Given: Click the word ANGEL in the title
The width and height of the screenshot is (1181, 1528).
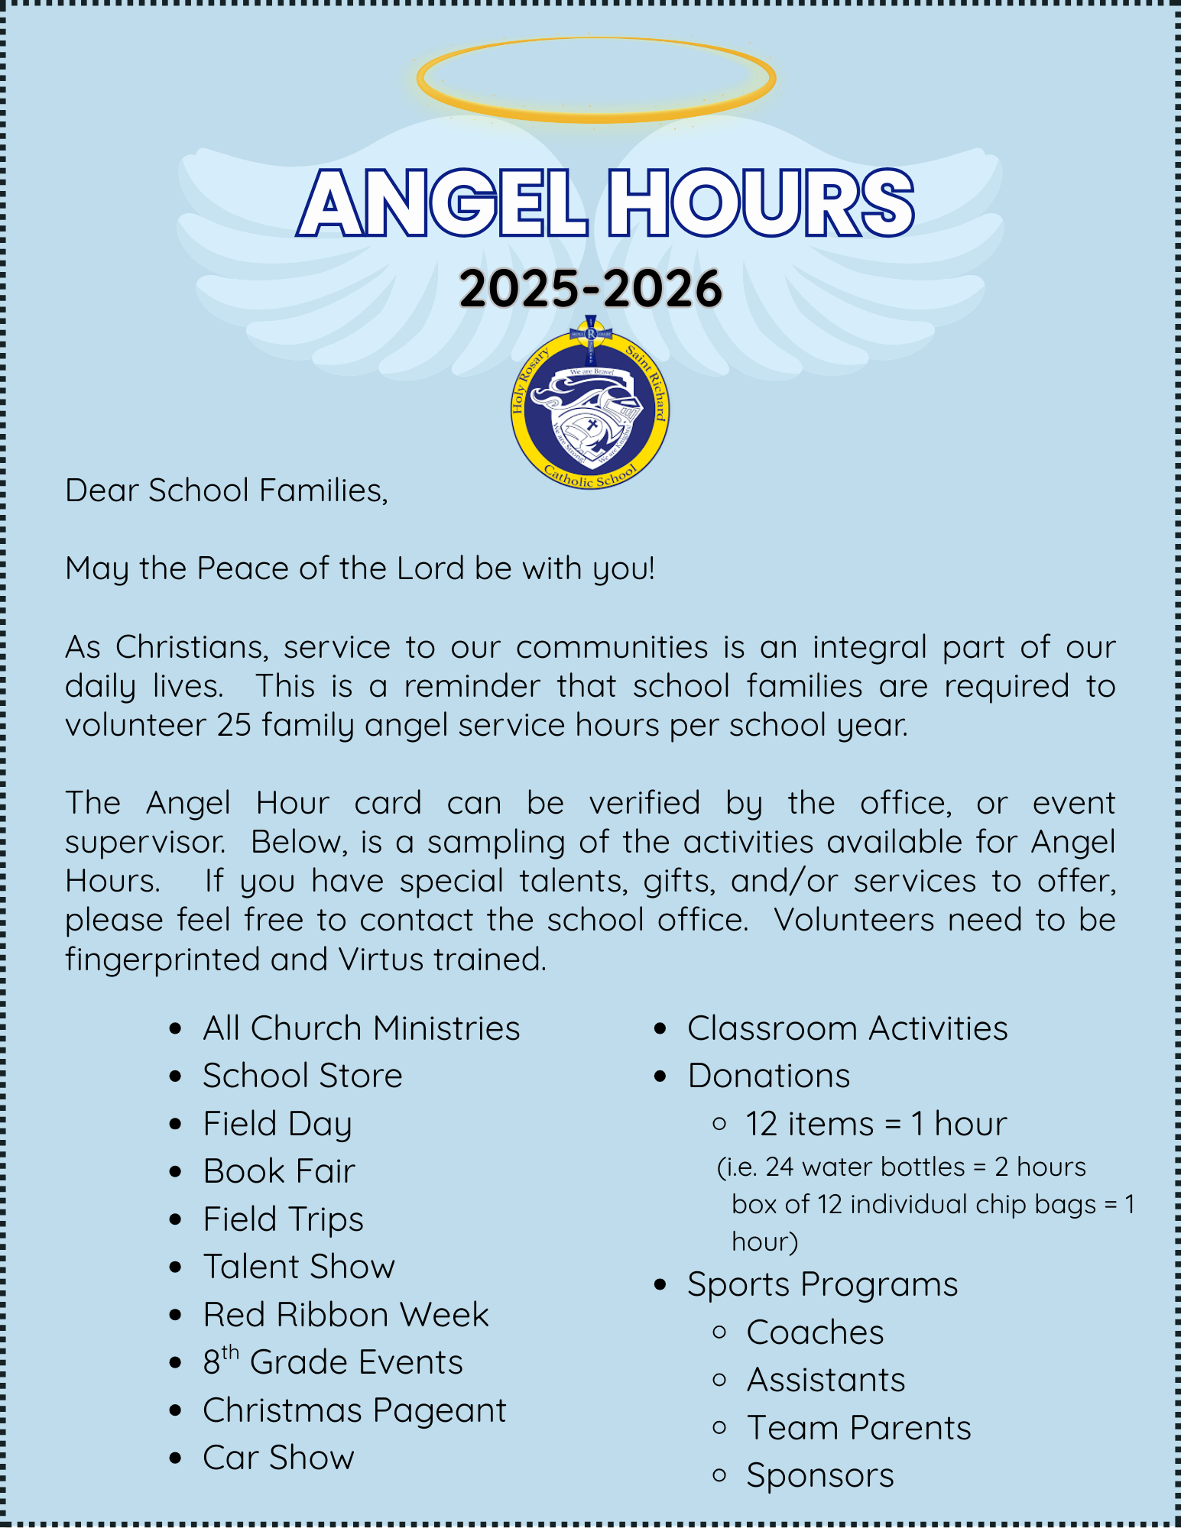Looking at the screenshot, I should (442, 204).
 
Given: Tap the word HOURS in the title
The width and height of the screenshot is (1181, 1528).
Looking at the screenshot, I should (760, 204).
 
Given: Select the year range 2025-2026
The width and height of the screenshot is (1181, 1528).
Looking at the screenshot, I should (590, 290).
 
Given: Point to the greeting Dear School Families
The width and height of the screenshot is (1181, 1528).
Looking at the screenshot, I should (226, 490).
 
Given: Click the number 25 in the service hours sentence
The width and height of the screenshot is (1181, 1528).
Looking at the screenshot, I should (234, 725).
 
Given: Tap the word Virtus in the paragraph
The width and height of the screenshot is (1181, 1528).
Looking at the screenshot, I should (381, 960).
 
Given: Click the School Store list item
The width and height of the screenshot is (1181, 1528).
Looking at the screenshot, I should (302, 1076).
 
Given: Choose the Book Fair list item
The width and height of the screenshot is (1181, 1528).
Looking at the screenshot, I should (279, 1171).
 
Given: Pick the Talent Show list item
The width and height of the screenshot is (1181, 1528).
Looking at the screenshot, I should (299, 1267).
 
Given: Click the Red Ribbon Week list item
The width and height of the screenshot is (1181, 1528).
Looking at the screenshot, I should (346, 1315).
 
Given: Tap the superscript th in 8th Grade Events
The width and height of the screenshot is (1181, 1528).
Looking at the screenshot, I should (230, 1353).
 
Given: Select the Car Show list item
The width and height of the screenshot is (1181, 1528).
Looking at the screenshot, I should (278, 1458).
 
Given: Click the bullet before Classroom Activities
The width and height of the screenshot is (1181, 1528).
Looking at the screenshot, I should (661, 1029).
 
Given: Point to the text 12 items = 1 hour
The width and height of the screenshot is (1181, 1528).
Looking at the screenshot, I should (876, 1124).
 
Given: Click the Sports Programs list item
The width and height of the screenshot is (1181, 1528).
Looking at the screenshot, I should (822, 1284).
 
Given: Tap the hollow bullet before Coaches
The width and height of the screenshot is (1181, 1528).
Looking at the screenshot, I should (719, 1332).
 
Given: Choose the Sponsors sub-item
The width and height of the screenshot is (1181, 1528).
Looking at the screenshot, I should (819, 1475).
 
